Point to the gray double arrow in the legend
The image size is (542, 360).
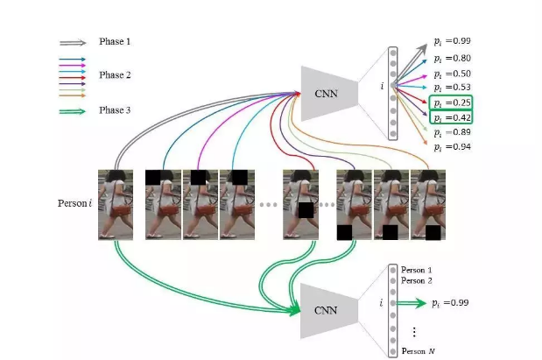(x=74, y=42)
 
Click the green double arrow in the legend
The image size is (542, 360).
(x=74, y=111)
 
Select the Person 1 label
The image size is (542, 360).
(x=417, y=270)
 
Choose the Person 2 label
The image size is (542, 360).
(x=417, y=280)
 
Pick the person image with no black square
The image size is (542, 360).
(x=115, y=204)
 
